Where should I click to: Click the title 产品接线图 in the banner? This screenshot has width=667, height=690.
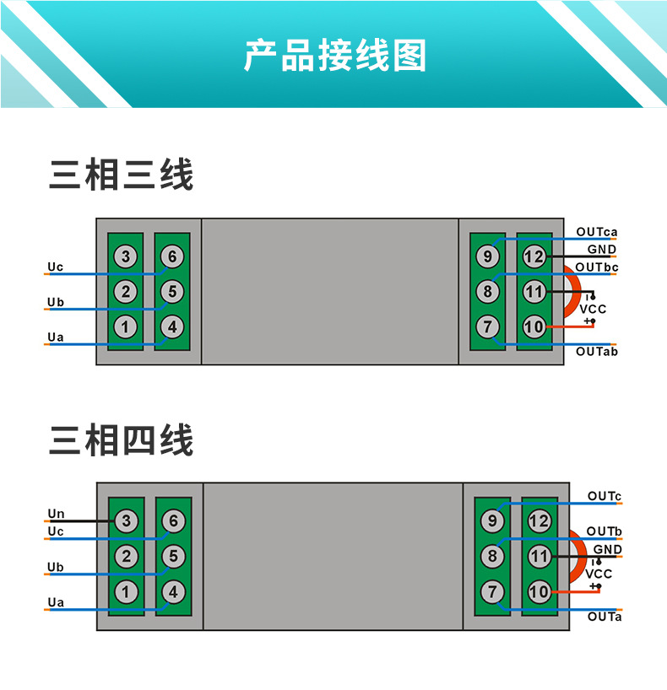335,56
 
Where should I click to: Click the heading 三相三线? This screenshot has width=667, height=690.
122,175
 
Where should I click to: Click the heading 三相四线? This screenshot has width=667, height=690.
122,440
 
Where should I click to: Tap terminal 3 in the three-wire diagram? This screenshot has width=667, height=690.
126,256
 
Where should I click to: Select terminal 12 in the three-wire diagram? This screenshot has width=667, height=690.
534,256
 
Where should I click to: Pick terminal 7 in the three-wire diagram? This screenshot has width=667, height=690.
487,326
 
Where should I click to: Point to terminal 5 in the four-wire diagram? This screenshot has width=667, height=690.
173,557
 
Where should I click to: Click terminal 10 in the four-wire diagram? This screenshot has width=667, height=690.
539,592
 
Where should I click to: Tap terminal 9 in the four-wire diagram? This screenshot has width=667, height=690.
492,521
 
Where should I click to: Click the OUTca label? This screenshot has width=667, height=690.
597,232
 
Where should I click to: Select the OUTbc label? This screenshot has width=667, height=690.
597,267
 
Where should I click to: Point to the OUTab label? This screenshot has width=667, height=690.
597,351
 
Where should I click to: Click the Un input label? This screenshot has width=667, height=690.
56,514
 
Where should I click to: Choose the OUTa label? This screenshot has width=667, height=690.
605,617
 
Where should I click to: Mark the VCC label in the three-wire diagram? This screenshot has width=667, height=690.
593,310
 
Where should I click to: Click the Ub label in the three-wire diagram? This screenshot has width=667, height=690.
56,302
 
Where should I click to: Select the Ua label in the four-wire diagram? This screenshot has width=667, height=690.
56,602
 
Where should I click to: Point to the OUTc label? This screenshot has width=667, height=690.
605,496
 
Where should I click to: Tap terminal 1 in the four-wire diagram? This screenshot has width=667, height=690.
127,592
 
